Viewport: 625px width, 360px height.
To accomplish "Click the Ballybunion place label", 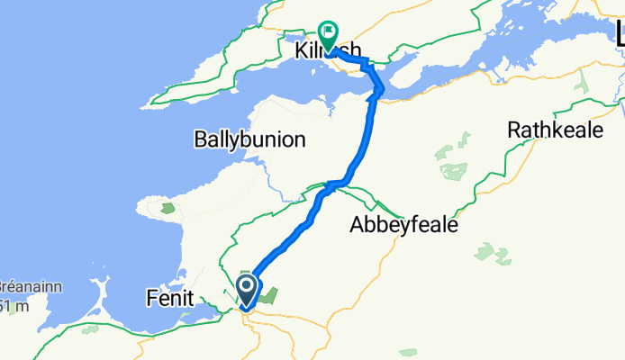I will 249,139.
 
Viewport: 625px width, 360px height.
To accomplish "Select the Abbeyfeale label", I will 403,226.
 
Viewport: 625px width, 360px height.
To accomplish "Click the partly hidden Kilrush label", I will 328,51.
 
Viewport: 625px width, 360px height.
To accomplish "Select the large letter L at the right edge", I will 618,33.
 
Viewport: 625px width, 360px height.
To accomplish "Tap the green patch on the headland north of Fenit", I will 168,208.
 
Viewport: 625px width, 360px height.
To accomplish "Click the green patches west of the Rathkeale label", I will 454,162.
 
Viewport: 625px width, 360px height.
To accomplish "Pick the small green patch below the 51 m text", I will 90,330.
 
